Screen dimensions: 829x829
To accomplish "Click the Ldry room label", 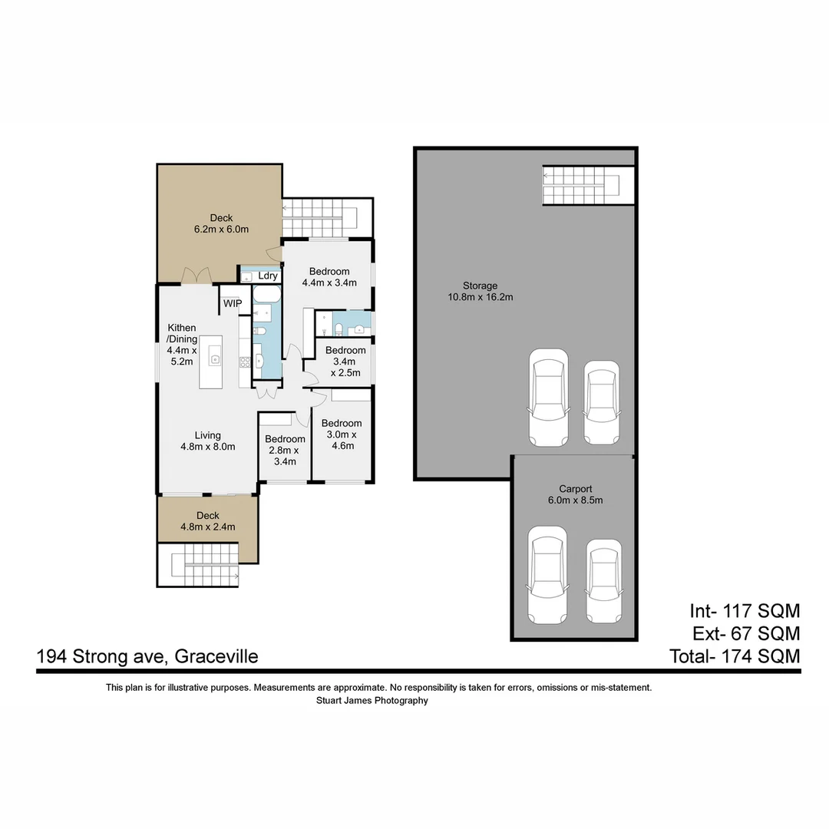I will pos(267,276).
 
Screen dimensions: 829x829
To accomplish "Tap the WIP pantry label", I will pos(233,304).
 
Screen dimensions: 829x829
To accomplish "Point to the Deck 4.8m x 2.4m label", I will pos(207,521).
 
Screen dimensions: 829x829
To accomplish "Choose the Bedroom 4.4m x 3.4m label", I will pos(329,276).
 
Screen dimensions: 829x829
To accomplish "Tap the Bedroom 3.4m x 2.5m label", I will pos(345,361).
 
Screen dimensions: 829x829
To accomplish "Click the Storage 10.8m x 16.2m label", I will pos(480,291).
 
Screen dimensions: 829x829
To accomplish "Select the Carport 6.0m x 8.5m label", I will pos(576,494).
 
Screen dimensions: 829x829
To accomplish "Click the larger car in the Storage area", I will pos(549,398).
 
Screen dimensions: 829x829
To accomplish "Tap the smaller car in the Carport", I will pos(603,581).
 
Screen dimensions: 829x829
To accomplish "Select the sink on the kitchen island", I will pos(216,358).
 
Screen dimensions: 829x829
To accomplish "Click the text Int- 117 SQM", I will pos(745,611).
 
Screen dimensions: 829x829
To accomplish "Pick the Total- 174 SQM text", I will pos(735,656).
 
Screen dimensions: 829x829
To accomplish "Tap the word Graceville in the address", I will pos(216,656).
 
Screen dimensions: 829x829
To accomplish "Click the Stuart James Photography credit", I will pos(372,700).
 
